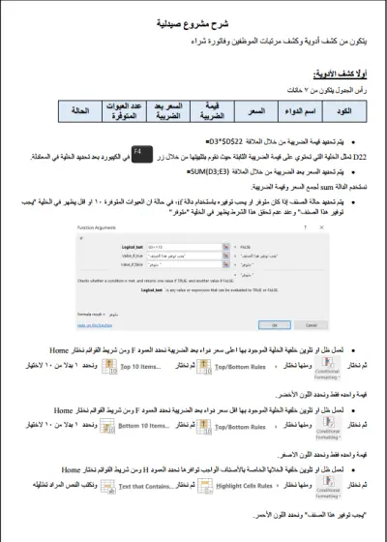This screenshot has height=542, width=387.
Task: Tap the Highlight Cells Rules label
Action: [x=219, y=478]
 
